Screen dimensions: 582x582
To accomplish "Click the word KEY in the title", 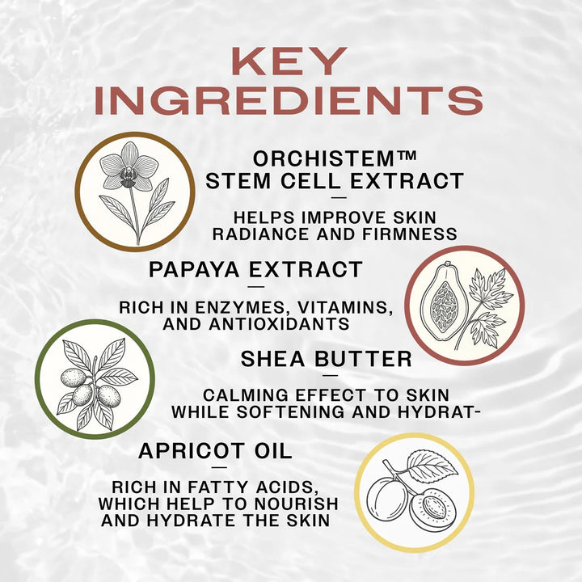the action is (x=289, y=61).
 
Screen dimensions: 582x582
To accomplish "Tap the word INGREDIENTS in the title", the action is (x=289, y=100).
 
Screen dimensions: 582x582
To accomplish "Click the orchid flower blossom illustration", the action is (x=129, y=166).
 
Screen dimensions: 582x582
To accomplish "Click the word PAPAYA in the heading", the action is (x=194, y=269).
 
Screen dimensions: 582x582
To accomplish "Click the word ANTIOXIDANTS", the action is (x=279, y=324).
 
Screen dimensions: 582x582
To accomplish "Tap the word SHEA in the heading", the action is (x=273, y=359).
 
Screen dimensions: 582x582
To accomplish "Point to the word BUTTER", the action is (x=364, y=359).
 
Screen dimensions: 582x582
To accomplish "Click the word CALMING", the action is (x=246, y=395).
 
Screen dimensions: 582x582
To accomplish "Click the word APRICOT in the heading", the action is (x=192, y=451).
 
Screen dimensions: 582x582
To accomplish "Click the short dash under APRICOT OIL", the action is (x=220, y=467).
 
